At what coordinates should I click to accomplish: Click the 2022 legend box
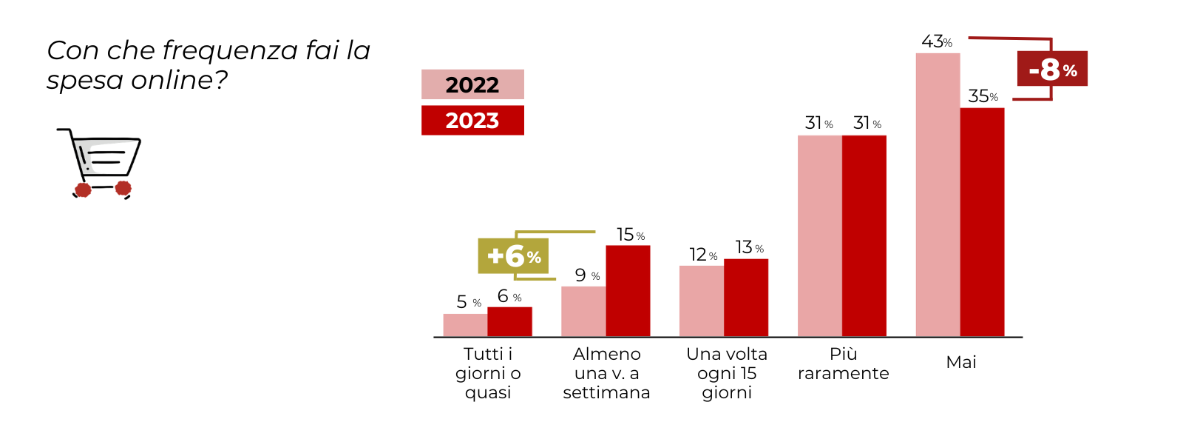tap(472, 84)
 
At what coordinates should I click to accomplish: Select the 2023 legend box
tap(472, 120)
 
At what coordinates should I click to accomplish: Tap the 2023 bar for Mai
tap(982, 222)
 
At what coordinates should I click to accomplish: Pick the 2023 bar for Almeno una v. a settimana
tap(628, 291)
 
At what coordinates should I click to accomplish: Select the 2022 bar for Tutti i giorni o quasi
tap(465, 325)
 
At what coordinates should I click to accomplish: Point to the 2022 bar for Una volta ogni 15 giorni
tap(701, 301)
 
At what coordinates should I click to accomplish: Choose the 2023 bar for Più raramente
tap(864, 236)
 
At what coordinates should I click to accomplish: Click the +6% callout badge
tap(513, 256)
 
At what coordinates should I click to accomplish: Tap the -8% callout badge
tap(1052, 69)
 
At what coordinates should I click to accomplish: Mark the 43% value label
tap(936, 41)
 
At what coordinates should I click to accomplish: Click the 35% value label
tap(983, 96)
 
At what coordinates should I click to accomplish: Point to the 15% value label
tap(630, 235)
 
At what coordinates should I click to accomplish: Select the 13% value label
tap(748, 247)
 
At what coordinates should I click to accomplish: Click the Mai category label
tap(961, 362)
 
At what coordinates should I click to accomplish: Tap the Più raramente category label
tap(843, 364)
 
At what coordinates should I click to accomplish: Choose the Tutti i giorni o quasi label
tap(488, 373)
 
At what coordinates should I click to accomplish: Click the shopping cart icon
tap(101, 163)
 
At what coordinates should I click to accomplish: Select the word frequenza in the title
tap(230, 50)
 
